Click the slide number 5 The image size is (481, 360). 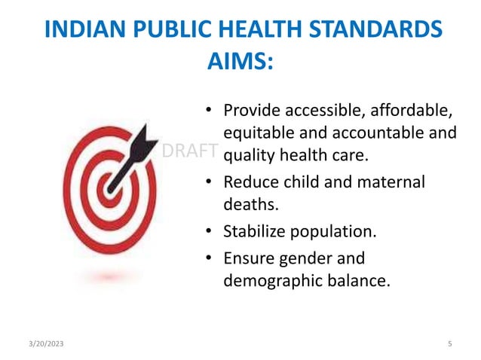click(449, 343)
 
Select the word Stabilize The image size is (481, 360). click(257, 230)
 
